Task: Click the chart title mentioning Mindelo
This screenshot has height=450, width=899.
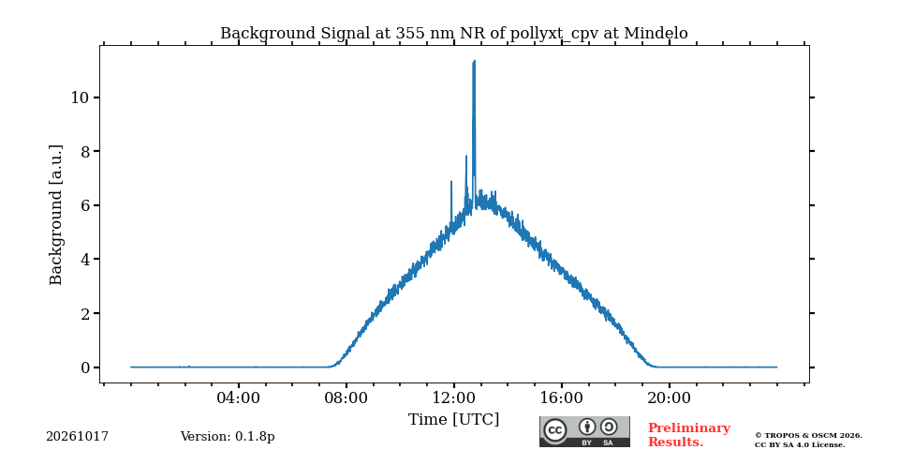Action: (x=453, y=34)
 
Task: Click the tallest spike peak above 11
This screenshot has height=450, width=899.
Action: (x=474, y=61)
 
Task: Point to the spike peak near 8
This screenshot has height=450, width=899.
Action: (x=466, y=157)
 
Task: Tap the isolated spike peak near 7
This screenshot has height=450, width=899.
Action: (x=451, y=181)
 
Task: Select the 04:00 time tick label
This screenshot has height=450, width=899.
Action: (x=238, y=397)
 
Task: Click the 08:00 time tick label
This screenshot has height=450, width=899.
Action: (x=346, y=397)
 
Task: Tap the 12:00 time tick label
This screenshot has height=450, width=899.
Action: (x=453, y=397)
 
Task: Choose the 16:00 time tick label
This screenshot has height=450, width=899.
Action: (x=561, y=397)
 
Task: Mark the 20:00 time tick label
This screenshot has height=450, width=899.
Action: (x=669, y=397)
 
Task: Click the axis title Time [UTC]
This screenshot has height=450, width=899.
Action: (x=453, y=420)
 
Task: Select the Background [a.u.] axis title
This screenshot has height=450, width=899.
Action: (x=55, y=215)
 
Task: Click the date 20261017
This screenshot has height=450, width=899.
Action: (x=77, y=437)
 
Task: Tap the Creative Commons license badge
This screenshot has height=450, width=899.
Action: (x=584, y=431)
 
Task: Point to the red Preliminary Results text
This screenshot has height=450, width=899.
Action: (x=689, y=435)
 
